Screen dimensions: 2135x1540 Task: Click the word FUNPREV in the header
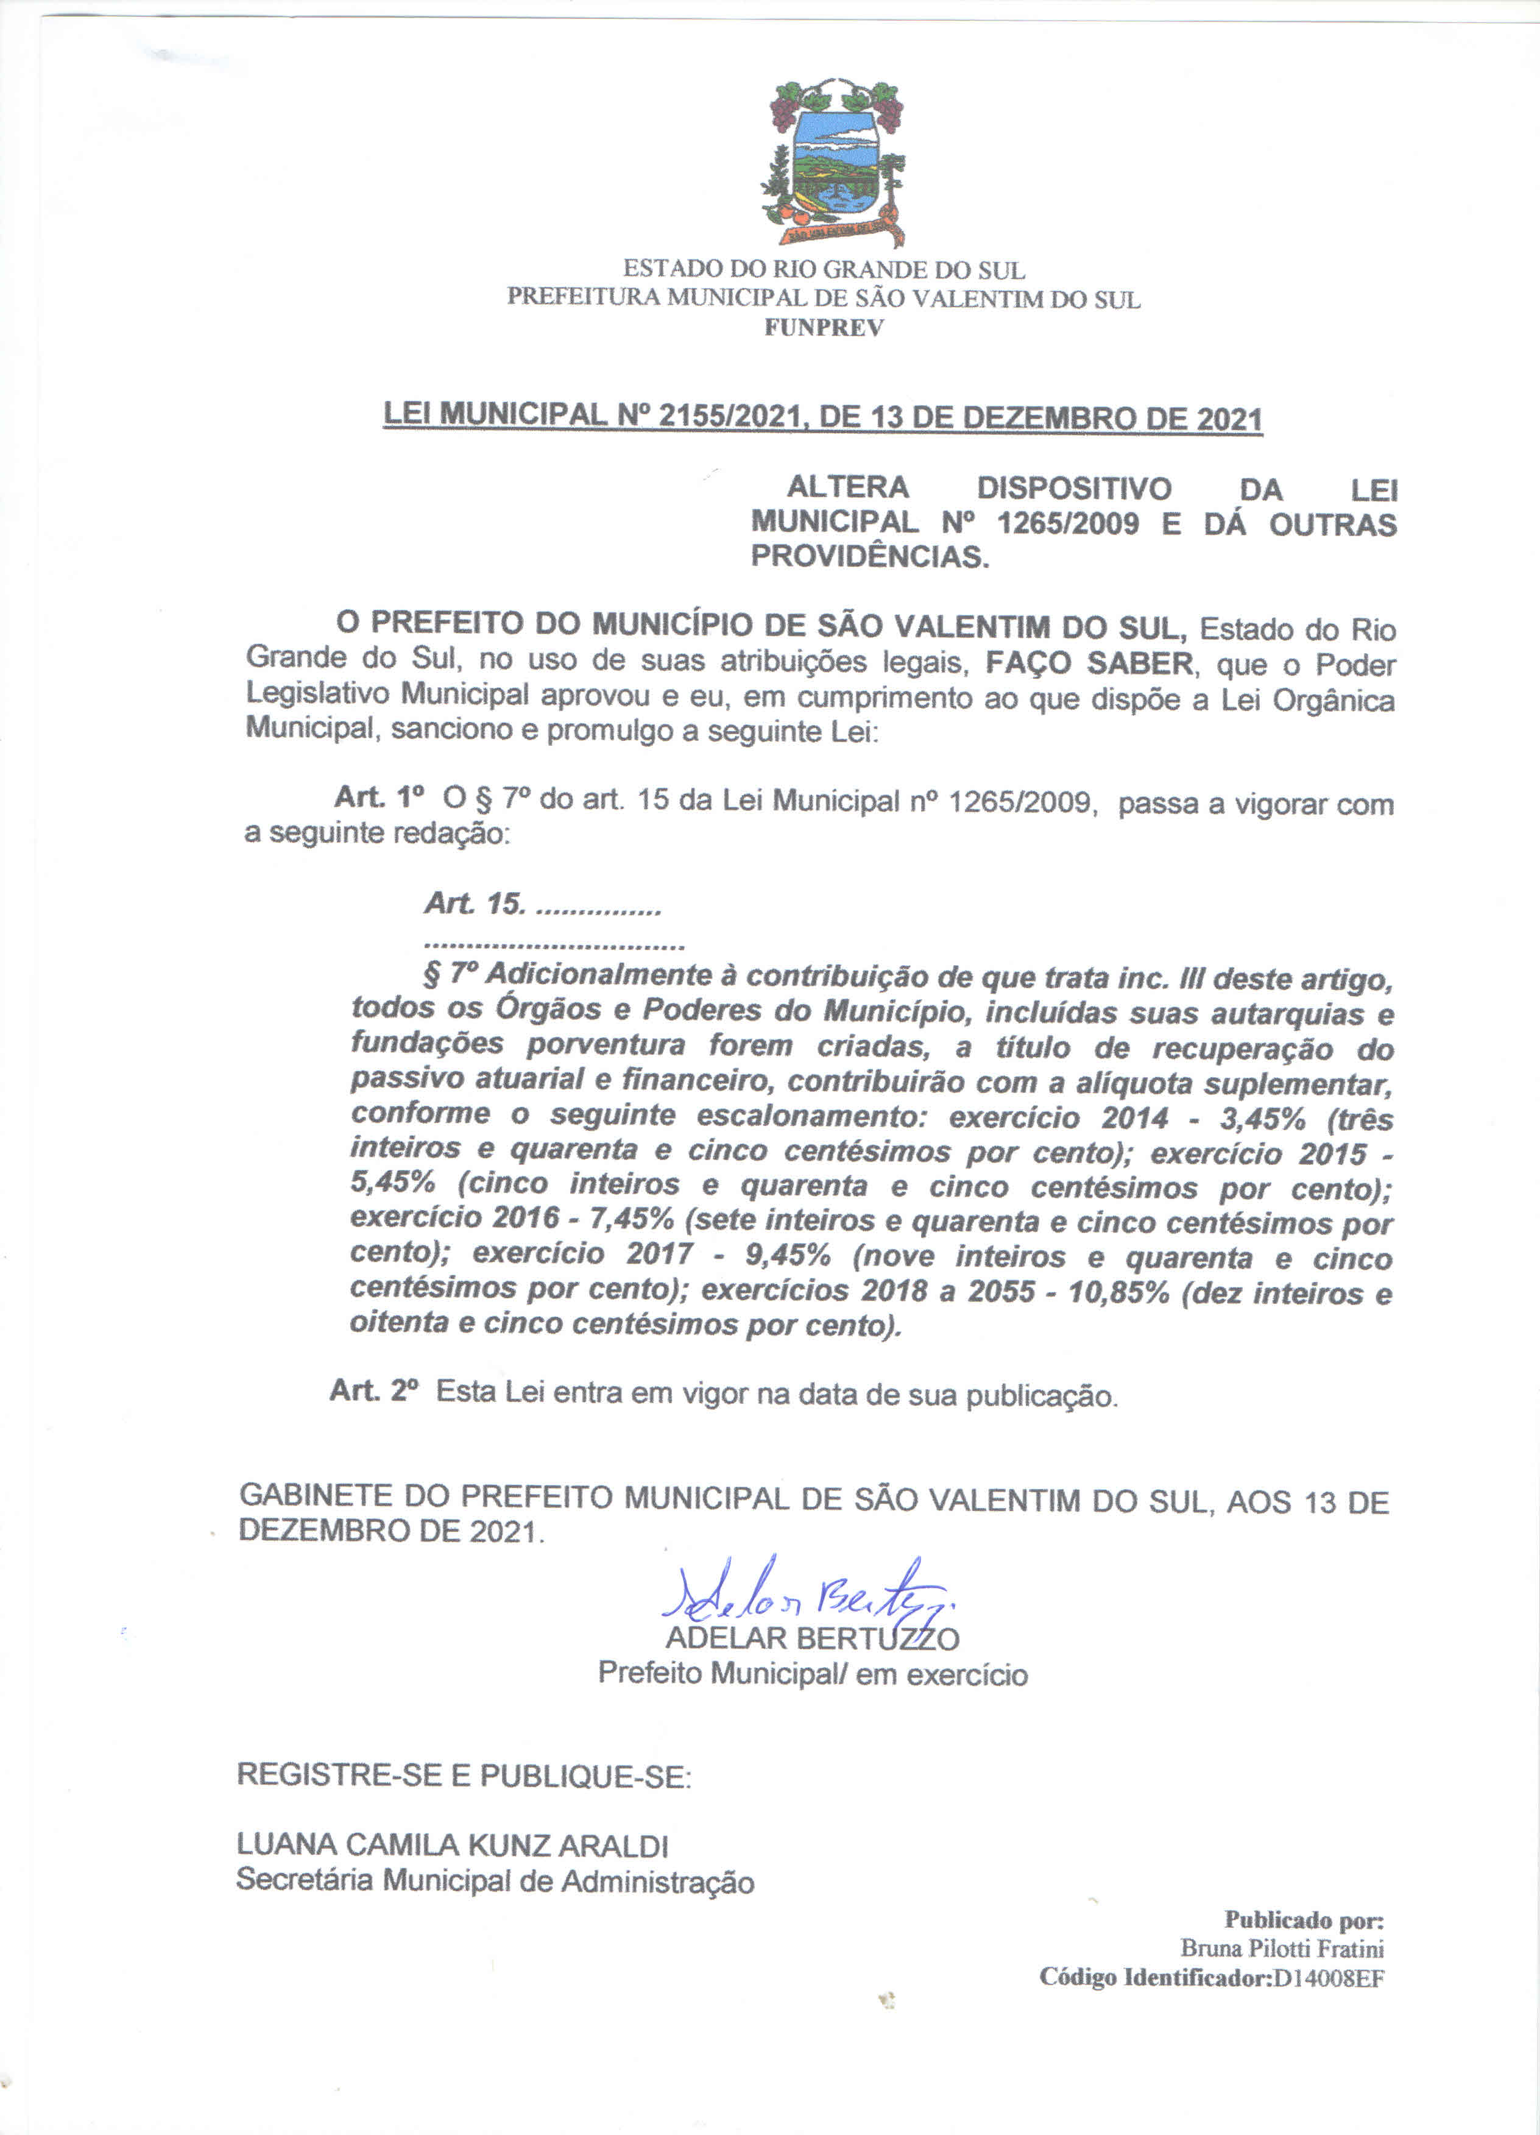[x=824, y=328]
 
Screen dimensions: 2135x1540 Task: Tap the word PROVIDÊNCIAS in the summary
[x=870, y=556]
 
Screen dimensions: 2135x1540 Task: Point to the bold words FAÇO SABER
[x=1090, y=663]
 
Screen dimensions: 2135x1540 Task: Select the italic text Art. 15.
[x=475, y=904]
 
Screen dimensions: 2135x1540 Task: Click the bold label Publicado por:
[x=1303, y=1919]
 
